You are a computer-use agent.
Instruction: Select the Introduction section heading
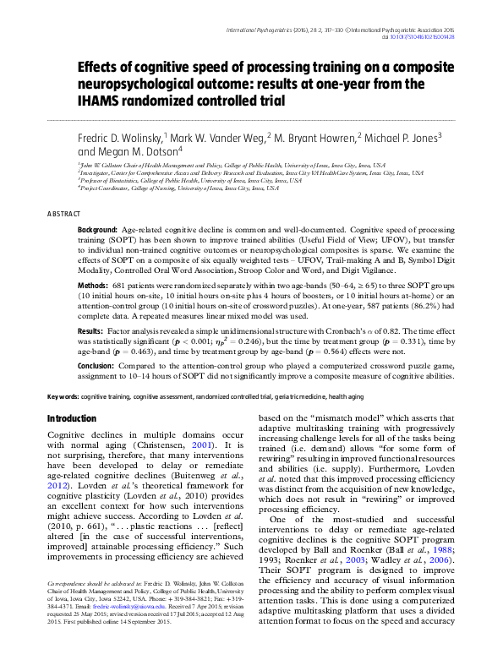[x=72, y=419]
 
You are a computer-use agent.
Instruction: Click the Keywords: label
[x=63, y=396]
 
